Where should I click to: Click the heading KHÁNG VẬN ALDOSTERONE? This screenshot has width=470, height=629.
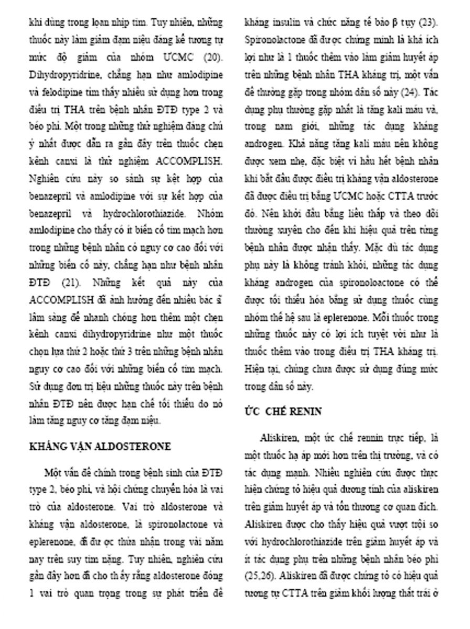[x=99, y=447]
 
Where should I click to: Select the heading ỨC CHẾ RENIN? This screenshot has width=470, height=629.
[x=283, y=411]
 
